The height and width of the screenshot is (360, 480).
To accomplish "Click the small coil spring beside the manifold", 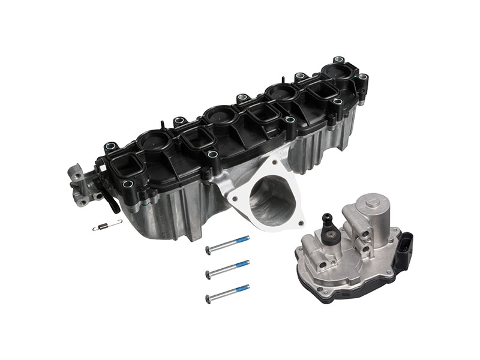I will [x=107, y=226].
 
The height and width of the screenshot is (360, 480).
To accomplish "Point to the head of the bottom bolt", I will [x=208, y=298].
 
